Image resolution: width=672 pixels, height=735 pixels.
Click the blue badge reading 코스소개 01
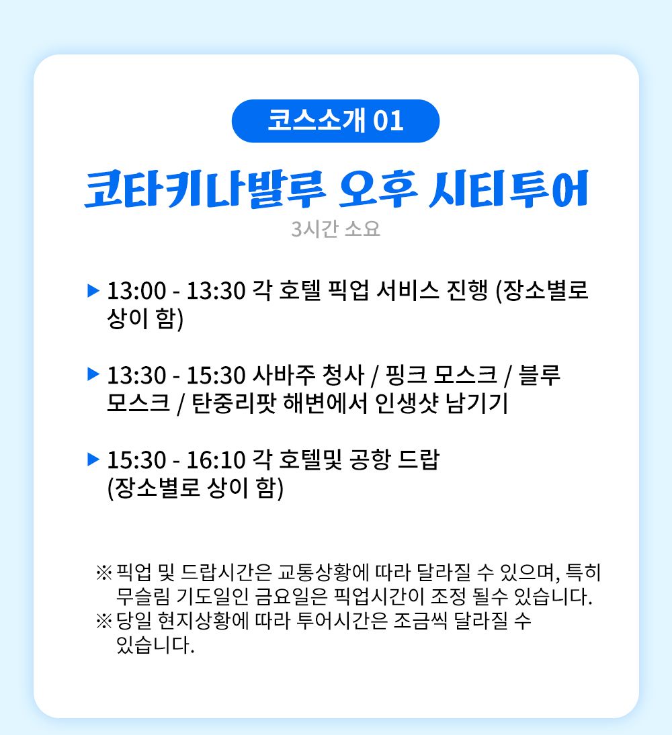tap(335, 121)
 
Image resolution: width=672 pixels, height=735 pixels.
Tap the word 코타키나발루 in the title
tap(205, 189)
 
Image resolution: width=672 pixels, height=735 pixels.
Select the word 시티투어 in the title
tap(509, 189)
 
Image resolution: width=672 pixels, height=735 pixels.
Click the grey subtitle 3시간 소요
tap(335, 228)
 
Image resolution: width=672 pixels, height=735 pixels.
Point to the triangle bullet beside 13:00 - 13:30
tap(94, 291)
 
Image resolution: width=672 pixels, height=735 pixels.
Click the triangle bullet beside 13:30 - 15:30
tap(94, 374)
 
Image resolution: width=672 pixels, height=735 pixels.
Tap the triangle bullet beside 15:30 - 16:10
tap(94, 459)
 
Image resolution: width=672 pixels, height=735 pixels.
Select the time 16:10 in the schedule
tap(216, 460)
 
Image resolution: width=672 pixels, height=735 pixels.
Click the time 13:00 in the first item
tap(136, 291)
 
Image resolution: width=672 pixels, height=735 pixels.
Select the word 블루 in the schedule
tap(540, 375)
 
